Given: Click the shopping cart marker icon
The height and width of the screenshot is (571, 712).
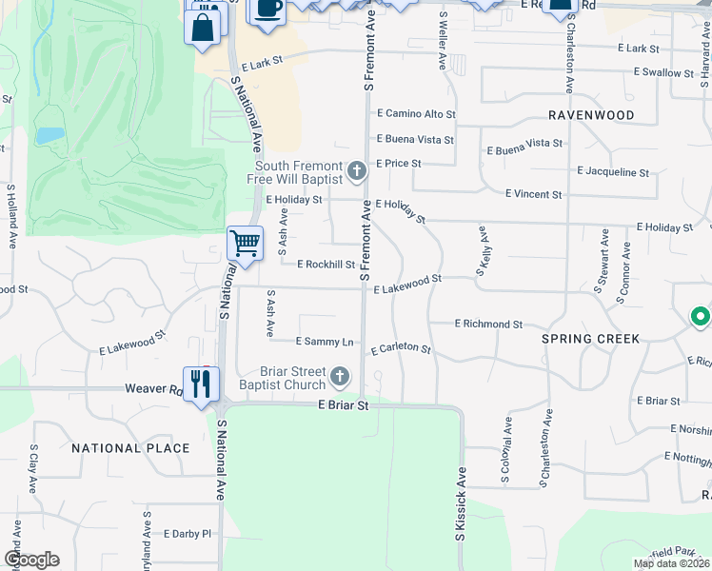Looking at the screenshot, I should coord(245,243).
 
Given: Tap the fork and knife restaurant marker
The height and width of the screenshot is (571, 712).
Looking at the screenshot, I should coord(201,384).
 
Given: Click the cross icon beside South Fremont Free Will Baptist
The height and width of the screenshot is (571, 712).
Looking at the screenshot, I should coord(357,171).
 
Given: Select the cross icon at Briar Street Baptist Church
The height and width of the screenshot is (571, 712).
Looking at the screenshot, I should coord(340,379).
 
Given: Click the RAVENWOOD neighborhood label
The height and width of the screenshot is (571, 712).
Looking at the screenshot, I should coord(591,115).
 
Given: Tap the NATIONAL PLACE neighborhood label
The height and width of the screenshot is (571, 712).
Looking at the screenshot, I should coord(130,447).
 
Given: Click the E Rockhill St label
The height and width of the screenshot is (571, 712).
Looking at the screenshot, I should coord(326,266).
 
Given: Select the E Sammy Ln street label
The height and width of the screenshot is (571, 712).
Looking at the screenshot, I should coord(325,341).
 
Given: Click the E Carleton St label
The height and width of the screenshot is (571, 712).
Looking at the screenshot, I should coord(401,349).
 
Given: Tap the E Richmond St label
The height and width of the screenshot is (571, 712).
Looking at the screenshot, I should coord(488,325).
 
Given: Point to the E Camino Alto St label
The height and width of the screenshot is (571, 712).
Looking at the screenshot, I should coord(416,114).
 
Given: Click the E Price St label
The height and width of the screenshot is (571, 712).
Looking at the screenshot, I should coord(398,164).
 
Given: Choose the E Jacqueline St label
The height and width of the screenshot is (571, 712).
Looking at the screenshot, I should coord(613,173).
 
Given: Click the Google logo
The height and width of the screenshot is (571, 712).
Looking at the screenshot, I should coord(30,560).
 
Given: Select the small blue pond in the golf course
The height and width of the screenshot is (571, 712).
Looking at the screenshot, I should coord(49,135).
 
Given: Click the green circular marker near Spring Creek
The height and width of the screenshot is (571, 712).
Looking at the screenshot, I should coord(700,315).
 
